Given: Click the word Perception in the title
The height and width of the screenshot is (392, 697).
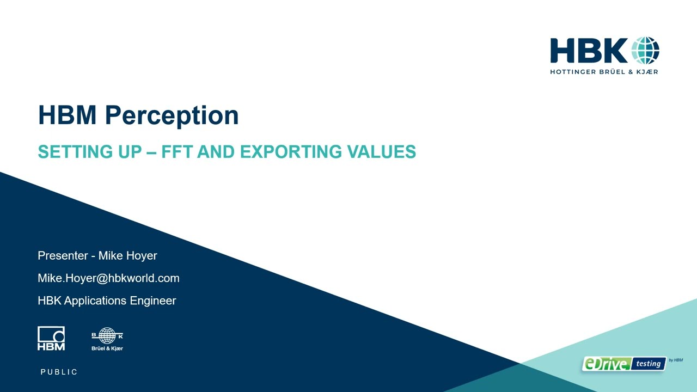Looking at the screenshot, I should click(x=172, y=115).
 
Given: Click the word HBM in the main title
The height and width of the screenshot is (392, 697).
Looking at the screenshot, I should click(x=68, y=115).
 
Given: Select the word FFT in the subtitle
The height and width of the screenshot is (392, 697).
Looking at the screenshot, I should click(x=178, y=151).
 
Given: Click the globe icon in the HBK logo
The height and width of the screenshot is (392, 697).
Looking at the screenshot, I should click(x=645, y=51).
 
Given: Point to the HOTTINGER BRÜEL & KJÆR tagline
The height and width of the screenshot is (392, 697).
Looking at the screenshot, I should click(x=604, y=71).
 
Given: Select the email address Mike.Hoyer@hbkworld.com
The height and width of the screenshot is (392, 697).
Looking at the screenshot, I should click(x=108, y=278).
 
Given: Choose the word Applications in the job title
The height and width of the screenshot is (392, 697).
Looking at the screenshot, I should click(x=96, y=301).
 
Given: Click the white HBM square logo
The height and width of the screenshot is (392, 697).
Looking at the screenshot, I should click(x=51, y=338).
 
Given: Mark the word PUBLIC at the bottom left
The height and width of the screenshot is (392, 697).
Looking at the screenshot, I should click(x=59, y=372).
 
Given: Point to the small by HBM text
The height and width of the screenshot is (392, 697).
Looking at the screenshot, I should click(x=675, y=360).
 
